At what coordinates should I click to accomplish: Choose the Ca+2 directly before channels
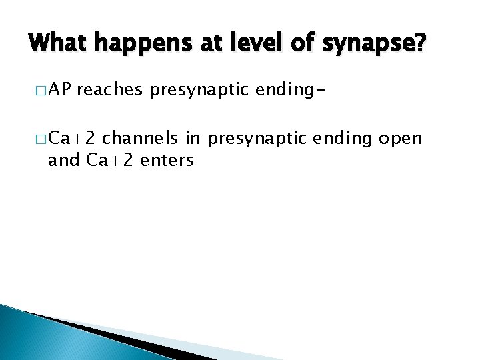pyautogui.click(x=73, y=138)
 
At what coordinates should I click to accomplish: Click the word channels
pyautogui.click(x=141, y=138)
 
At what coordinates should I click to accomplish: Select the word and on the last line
pyautogui.click(x=63, y=161)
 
